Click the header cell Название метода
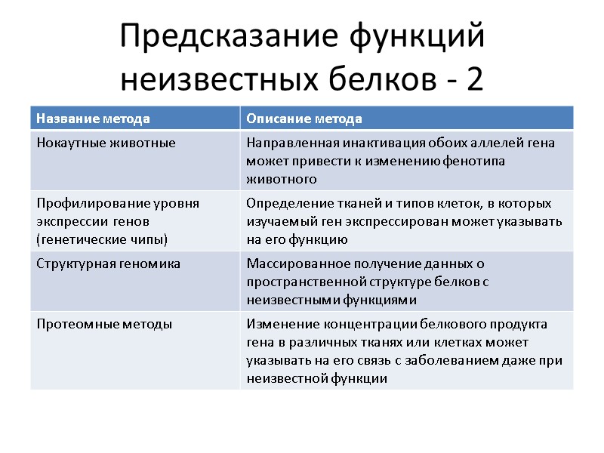coord(93,119)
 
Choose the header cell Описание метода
coord(304,119)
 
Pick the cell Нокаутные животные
coord(106,143)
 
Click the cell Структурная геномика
coord(108,263)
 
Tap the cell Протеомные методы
coord(104,324)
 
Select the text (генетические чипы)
coord(102,239)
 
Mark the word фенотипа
coord(477,161)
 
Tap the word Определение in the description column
coord(282,203)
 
